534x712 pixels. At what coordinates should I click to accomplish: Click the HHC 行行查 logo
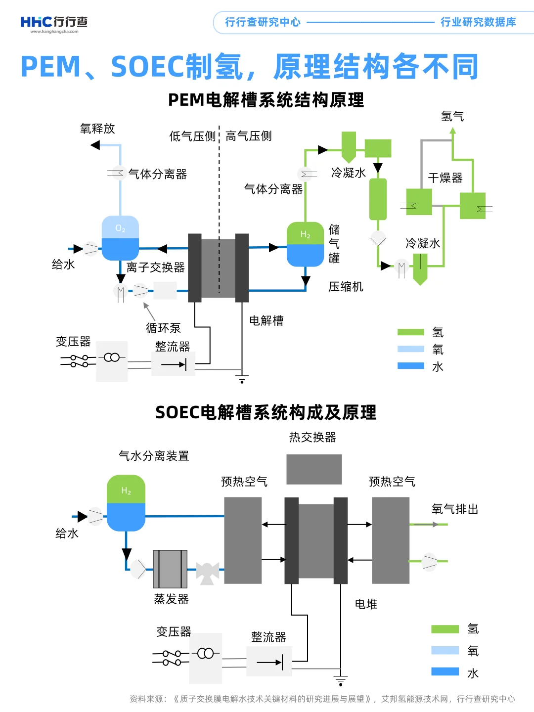(x=54, y=23)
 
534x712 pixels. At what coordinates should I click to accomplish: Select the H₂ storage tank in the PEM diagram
(x=305, y=244)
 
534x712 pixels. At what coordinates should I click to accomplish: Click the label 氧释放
(x=97, y=129)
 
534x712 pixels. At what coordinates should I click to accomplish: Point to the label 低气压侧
(x=192, y=136)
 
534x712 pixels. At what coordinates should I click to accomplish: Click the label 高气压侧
(x=249, y=136)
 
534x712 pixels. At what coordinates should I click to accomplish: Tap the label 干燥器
(x=445, y=178)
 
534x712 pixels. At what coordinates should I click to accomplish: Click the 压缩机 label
(x=346, y=287)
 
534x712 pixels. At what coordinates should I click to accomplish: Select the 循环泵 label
(x=163, y=328)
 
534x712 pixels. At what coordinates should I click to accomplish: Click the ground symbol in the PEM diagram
(x=242, y=379)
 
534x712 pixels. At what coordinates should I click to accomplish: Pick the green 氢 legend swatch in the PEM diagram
(x=410, y=332)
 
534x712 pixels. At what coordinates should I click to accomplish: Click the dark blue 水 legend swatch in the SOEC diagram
(x=445, y=671)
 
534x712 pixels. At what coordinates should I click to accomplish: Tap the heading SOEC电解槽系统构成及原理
(x=266, y=412)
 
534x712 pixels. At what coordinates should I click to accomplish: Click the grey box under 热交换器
(x=314, y=469)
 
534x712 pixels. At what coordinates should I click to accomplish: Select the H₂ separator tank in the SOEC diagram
(x=126, y=503)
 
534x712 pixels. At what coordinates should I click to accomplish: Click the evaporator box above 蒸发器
(x=170, y=569)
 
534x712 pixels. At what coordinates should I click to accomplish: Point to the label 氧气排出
(x=455, y=509)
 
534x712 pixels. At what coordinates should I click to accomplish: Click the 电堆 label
(x=366, y=604)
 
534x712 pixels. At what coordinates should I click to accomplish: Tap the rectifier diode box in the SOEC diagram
(x=269, y=662)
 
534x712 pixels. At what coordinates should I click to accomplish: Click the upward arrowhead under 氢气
(x=452, y=131)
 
